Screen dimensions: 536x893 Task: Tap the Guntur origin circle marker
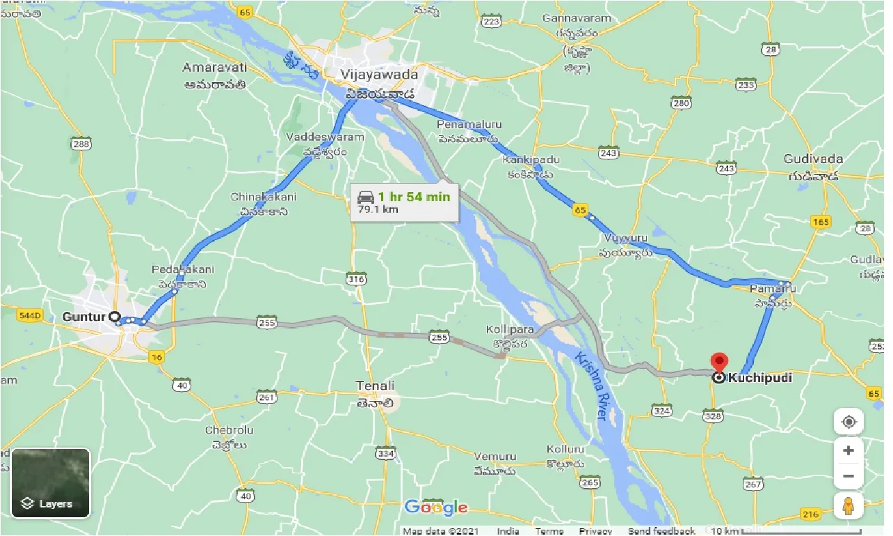tap(115, 316)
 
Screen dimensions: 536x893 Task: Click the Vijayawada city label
tap(379, 74)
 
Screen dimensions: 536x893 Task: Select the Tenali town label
tap(376, 386)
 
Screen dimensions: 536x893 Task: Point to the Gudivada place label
tap(813, 159)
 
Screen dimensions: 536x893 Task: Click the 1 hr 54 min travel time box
tap(404, 202)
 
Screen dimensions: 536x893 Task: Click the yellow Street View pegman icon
tap(848, 506)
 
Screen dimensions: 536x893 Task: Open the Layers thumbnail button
tap(51, 482)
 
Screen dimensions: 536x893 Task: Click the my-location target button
tap(848, 422)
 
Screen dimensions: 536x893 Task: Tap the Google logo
tap(436, 507)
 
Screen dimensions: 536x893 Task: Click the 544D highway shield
tap(31, 315)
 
